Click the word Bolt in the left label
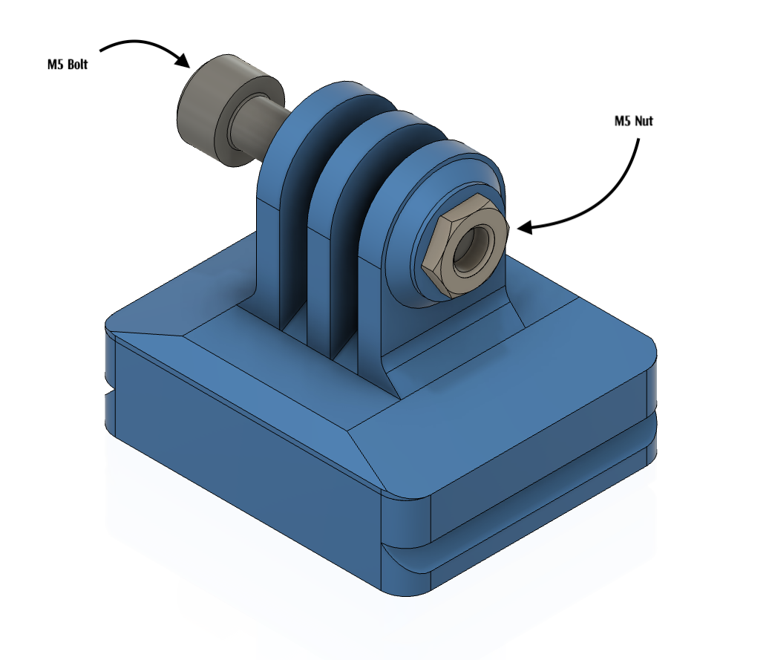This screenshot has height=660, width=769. pos(76,65)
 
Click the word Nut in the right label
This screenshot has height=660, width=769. pos(644,121)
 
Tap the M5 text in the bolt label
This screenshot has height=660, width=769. pos(55,65)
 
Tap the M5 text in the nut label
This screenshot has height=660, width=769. pos(624,121)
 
